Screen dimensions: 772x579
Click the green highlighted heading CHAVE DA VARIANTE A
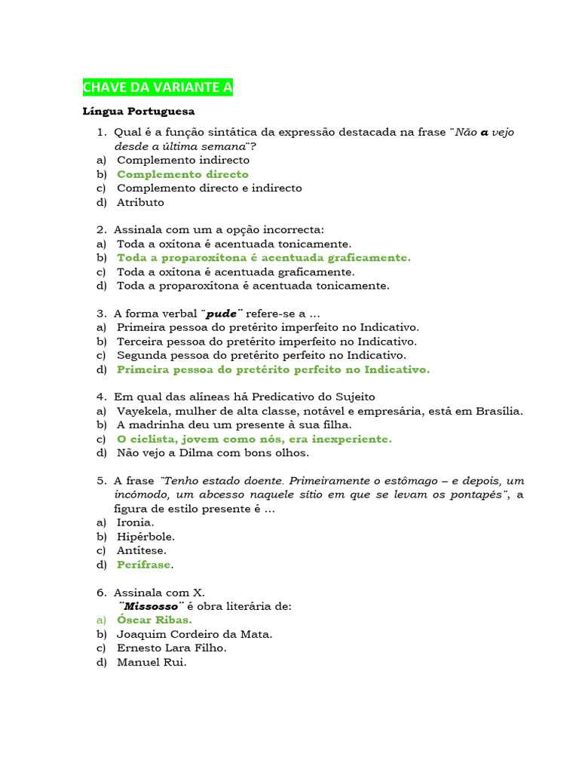pos(158,87)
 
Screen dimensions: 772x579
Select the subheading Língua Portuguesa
pos(138,112)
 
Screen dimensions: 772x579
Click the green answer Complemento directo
pos(182,174)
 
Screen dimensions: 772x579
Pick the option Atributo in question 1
pos(140,202)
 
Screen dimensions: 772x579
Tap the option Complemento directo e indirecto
pos(209,188)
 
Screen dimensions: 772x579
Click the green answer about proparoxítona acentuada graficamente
pos(264,258)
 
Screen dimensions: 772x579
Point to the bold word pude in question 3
pos(222,314)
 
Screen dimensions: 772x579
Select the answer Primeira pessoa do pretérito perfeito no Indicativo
pos(273,369)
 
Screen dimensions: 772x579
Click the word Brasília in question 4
pos(498,411)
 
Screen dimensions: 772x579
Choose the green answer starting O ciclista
pos(254,439)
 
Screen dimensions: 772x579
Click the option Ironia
pos(136,522)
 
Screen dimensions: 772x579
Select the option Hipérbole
pos(146,537)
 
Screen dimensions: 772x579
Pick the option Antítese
pos(142,550)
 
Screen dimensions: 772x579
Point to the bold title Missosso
pos(152,606)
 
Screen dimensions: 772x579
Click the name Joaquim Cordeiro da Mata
pos(195,634)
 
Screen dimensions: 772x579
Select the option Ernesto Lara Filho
pos(171,648)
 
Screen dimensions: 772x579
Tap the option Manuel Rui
pos(151,662)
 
